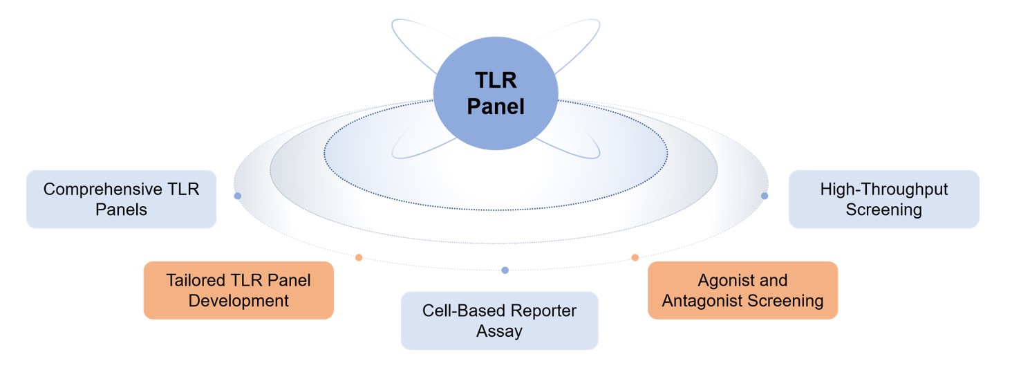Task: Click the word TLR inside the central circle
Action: pos(495,80)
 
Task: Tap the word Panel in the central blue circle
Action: pos(495,107)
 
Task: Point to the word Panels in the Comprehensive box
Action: pos(121,210)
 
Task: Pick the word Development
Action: pos(238,301)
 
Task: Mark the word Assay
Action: pos(499,331)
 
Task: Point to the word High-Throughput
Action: pos(883,189)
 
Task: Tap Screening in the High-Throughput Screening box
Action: pos(883,210)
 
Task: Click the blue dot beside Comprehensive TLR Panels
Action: pos(238,196)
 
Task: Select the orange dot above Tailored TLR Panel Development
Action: pos(359,257)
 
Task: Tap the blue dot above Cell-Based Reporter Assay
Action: pos(505,270)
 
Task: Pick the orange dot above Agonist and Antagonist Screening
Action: pos(635,257)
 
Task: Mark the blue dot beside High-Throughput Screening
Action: pos(764,196)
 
